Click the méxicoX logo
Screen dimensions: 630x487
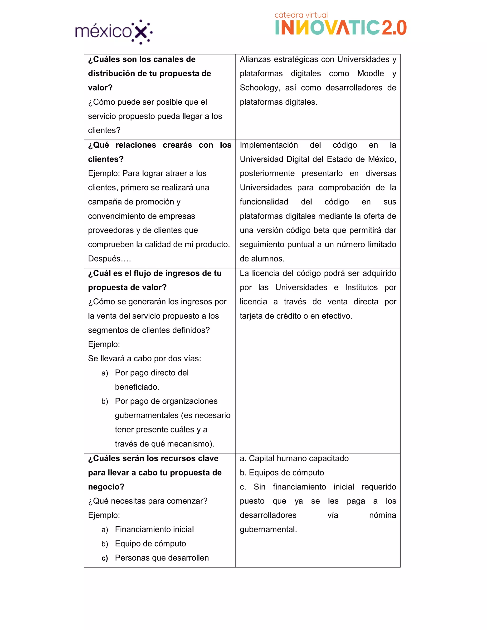[x=114, y=31]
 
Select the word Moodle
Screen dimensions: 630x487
[x=370, y=73]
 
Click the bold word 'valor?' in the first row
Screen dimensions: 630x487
[x=100, y=88]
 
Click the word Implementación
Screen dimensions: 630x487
[x=269, y=145]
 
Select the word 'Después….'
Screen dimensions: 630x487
[x=109, y=259]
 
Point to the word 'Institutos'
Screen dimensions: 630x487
[x=361, y=287]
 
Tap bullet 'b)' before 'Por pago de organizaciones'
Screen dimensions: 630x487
[x=104, y=402]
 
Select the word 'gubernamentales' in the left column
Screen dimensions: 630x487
[x=146, y=415]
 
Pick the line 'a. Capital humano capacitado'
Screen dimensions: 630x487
[x=294, y=458]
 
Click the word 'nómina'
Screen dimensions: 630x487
[x=382, y=515]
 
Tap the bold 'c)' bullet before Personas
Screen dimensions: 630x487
[x=104, y=558]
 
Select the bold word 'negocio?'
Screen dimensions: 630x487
[x=106, y=487]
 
